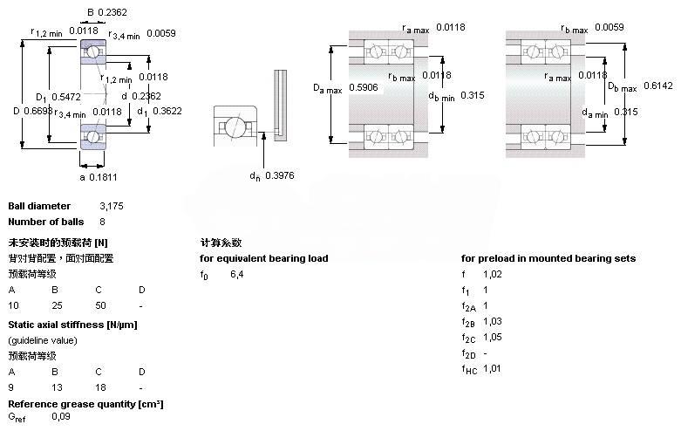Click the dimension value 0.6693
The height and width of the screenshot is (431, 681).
click(37, 111)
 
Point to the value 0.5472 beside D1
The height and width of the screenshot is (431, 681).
click(67, 96)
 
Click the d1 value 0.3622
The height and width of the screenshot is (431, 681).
click(166, 111)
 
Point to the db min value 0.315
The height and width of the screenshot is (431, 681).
click(472, 95)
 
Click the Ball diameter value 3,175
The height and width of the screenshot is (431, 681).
click(112, 206)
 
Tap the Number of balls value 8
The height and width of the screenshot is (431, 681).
click(103, 222)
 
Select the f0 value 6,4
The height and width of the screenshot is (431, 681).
click(236, 274)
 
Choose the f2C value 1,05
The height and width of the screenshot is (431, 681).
click(494, 338)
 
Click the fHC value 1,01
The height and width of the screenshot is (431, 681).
click(494, 369)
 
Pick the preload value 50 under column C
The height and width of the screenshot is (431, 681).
click(100, 305)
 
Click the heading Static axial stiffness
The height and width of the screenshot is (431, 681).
click(72, 325)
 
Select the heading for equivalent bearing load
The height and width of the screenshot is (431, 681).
click(264, 258)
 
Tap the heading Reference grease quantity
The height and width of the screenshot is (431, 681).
click(85, 403)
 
